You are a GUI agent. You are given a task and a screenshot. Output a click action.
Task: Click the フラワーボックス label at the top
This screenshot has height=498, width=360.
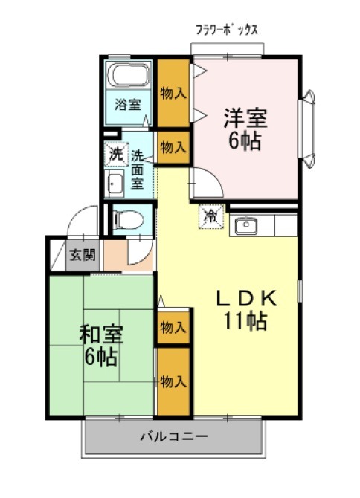click(227, 30)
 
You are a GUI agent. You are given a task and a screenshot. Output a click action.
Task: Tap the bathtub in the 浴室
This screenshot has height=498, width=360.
click(128, 74)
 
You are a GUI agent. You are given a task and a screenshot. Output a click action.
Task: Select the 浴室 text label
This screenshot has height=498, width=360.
click(128, 105)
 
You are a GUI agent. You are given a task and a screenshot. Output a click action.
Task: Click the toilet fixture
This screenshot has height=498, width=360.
click(129, 220)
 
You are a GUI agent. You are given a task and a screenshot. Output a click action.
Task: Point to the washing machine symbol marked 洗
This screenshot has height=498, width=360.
click(116, 155)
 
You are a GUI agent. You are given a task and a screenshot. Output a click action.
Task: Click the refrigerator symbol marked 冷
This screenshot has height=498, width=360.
click(211, 216)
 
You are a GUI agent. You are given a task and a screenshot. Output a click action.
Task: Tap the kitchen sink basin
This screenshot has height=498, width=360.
click(246, 225)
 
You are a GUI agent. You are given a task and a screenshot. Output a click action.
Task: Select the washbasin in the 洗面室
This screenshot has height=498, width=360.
click(115, 184)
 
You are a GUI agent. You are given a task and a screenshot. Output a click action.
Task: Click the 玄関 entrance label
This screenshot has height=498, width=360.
click(83, 255)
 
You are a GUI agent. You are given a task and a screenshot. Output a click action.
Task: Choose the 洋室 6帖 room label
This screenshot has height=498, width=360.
click(245, 129)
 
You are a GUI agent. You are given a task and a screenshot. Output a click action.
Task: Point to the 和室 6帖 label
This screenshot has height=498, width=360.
click(100, 346)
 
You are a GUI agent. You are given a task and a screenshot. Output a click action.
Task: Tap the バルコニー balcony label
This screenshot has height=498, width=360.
click(174, 436)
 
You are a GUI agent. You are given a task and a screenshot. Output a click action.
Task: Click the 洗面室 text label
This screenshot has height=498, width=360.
click(138, 169)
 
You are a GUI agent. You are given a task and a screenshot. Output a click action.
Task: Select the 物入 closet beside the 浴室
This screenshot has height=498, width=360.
click(173, 93)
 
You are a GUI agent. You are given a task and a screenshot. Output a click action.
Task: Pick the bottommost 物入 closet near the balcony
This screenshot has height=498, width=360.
click(173, 381)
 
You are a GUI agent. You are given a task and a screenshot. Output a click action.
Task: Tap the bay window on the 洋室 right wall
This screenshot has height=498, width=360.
click(306, 129)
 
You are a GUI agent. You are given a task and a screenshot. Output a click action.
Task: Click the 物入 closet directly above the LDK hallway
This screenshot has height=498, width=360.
click(173, 147)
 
